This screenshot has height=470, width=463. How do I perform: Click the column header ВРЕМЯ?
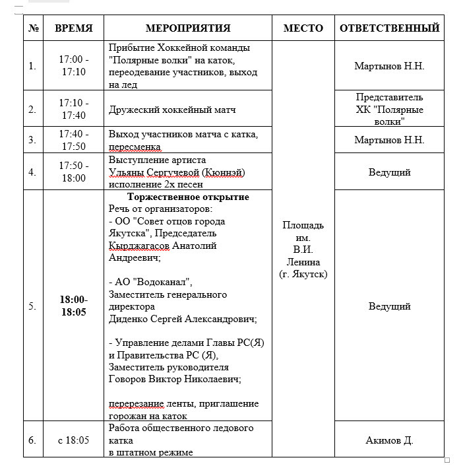point(74,28)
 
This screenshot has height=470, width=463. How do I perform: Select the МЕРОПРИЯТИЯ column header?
point(188,28)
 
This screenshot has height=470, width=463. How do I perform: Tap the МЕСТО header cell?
point(303,28)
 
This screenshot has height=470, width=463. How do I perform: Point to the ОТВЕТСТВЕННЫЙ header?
point(389,28)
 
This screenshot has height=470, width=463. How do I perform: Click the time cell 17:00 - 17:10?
point(74,66)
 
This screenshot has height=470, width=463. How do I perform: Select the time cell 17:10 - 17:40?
point(74,110)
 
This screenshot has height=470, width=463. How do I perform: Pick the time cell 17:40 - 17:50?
point(74,140)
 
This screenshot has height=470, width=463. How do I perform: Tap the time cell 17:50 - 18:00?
point(74,172)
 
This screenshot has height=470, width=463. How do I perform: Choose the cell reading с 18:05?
point(74,440)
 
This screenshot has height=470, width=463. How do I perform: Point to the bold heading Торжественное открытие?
point(188,197)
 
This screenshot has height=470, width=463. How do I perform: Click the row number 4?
point(32,172)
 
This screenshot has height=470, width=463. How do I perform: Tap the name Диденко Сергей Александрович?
point(182,319)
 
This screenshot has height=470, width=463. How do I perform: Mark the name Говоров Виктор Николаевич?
point(174,380)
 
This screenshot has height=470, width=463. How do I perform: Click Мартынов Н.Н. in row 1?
point(389,66)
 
